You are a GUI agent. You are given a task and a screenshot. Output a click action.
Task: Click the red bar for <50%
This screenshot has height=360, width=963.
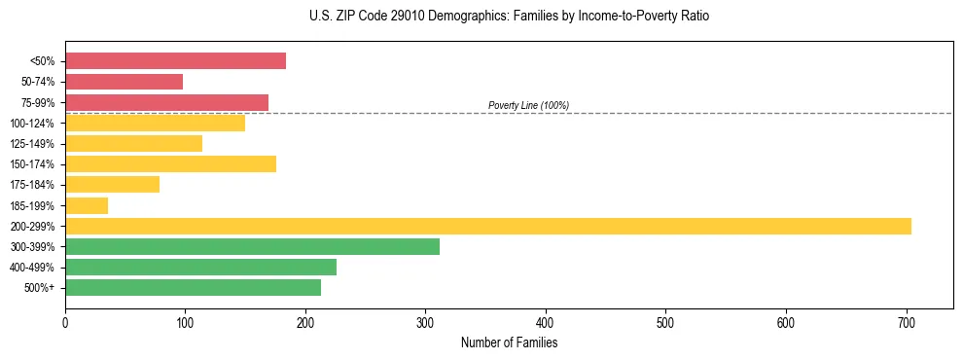[175, 61]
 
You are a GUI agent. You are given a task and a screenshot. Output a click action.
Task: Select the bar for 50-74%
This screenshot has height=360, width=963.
[124, 82]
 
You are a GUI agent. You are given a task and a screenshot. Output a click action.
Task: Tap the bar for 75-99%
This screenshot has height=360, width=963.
[166, 102]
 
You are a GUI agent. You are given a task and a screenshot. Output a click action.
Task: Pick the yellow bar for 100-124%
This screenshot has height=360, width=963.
[155, 123]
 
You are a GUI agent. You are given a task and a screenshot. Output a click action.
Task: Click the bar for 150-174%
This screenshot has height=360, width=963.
[170, 163]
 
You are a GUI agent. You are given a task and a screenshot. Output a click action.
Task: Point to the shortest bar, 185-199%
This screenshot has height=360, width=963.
[87, 205]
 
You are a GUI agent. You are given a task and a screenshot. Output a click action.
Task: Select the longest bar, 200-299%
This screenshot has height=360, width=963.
[487, 226]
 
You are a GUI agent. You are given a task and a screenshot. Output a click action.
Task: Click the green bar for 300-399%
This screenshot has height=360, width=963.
[252, 246]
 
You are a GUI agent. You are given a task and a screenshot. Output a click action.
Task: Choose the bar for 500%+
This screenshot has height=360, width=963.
[193, 287]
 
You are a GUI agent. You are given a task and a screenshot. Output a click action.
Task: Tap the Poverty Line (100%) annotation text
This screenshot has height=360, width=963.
[528, 105]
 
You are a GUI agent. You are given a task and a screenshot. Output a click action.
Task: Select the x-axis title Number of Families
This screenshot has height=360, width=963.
[509, 342]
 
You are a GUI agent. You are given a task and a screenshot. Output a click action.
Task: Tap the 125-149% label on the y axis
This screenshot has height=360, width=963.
[32, 144]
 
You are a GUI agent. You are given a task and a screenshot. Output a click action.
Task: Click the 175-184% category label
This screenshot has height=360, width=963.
[32, 185]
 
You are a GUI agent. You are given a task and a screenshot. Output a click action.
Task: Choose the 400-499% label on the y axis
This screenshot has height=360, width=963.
[32, 268]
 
